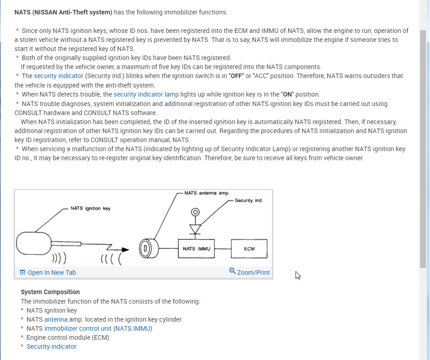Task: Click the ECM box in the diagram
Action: pos(249,249)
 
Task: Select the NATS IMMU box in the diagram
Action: pos(197,249)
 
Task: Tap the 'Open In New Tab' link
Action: pos(51,272)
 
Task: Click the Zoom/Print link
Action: pos(253,272)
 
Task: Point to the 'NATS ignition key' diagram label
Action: pos(90,208)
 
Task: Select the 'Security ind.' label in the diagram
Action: pos(249,200)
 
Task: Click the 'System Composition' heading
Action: pos(50,292)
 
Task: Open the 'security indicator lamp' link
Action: pos(146,94)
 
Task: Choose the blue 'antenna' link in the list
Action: pos(56,319)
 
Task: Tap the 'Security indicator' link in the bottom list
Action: pos(51,346)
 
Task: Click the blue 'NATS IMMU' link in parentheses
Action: pos(133,328)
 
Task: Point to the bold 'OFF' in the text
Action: pos(236,76)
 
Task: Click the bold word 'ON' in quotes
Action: pos(287,94)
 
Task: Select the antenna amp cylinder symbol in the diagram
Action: pos(147,248)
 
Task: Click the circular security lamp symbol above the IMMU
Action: pos(195,212)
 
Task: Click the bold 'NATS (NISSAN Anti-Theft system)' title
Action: pos(63,12)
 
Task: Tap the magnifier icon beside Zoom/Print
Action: pos(232,271)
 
